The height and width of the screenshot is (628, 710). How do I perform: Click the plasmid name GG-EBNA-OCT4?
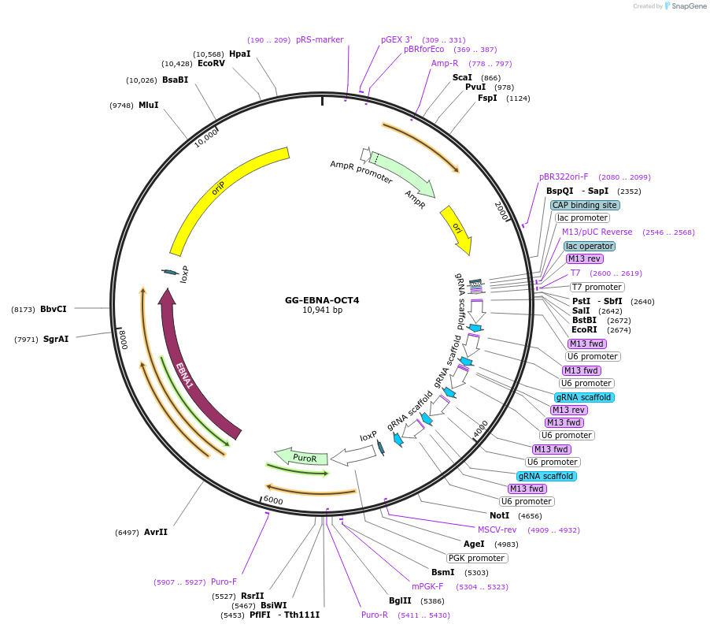point(322,300)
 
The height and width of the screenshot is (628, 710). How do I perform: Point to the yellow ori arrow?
point(457,229)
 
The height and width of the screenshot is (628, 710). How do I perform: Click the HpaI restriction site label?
point(239,54)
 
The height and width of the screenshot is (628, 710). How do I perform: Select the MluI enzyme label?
point(149,105)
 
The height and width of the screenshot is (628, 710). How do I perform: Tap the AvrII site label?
point(156,532)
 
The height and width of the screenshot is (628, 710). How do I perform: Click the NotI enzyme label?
point(500,515)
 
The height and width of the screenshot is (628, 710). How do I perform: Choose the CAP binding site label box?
point(585,205)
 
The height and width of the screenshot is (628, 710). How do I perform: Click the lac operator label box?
point(589,246)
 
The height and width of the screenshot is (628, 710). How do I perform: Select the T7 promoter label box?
point(596,287)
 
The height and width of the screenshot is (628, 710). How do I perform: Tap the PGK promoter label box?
point(477,558)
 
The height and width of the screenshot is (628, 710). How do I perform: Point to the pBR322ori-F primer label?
point(564,177)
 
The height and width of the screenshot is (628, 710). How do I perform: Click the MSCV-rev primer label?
point(497,530)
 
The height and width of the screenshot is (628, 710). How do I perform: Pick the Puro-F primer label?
point(224,582)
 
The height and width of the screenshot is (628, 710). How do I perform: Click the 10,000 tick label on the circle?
point(206,138)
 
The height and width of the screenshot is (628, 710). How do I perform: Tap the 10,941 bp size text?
point(322,310)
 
